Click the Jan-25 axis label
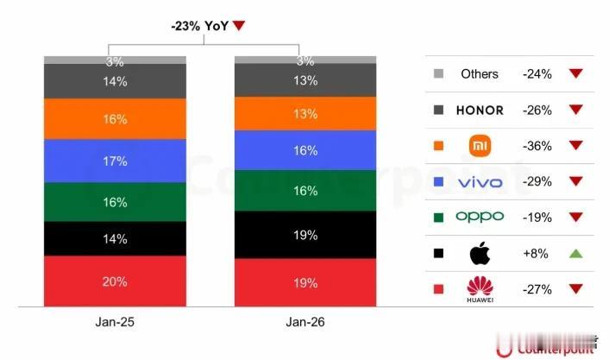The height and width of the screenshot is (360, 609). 114,321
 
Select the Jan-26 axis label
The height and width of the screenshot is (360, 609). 305,321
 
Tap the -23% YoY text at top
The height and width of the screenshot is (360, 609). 200,26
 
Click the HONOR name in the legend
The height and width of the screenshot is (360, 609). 480,110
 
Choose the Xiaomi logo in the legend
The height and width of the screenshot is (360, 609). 480,146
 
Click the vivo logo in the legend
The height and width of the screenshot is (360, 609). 480,182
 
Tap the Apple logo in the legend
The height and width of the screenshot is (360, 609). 480,254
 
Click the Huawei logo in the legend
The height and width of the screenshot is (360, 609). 480,288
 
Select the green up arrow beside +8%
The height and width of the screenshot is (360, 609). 576,254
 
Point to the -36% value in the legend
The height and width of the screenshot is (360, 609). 537,146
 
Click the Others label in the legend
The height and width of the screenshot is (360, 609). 480,74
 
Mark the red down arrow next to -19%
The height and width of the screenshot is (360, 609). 576,218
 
